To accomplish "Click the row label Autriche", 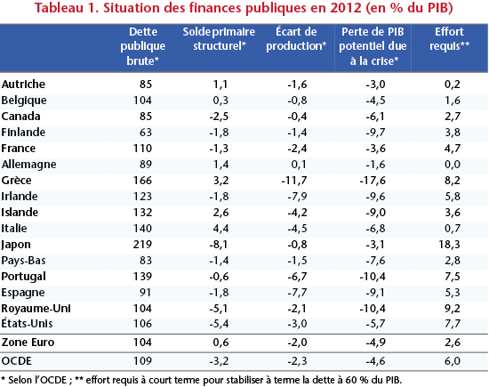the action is pyautogui.click(x=23, y=85).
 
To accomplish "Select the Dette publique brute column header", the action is pyautogui.click(x=143, y=46).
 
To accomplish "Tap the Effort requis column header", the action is pyautogui.click(x=449, y=39).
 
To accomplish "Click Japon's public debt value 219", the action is pyautogui.click(x=142, y=245).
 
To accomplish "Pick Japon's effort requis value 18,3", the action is pyautogui.click(x=449, y=245).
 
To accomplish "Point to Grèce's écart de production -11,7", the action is pyautogui.click(x=294, y=181).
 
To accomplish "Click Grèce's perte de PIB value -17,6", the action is pyautogui.click(x=373, y=181).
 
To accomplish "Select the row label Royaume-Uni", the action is pyautogui.click(x=36, y=309).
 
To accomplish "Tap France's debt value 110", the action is pyautogui.click(x=142, y=149).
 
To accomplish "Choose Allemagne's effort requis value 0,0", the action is pyautogui.click(x=453, y=165).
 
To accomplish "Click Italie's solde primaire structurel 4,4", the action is pyautogui.click(x=221, y=229).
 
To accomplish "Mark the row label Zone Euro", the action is pyautogui.click(x=28, y=343).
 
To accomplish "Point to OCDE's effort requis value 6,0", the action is pyautogui.click(x=453, y=361).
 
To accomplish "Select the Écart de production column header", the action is pyautogui.click(x=296, y=39).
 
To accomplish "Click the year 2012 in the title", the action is pyautogui.click(x=346, y=8).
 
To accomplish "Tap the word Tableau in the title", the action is pyautogui.click(x=59, y=8).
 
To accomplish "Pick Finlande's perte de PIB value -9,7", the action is pyautogui.click(x=376, y=133).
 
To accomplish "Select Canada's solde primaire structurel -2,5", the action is pyautogui.click(x=219, y=117).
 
